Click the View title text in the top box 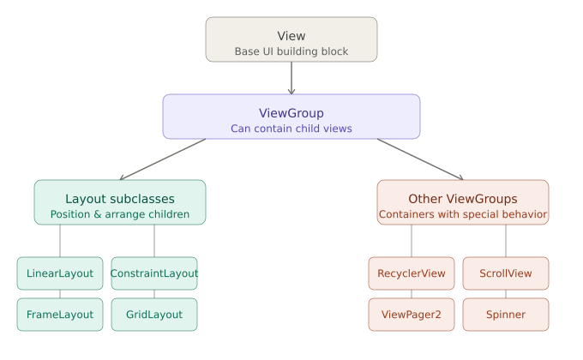pyautogui.click(x=291, y=35)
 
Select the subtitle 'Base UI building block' pyautogui.click(x=291, y=51)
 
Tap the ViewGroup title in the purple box pyautogui.click(x=291, y=113)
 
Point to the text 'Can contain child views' pyautogui.click(x=291, y=129)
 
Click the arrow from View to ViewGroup pyautogui.click(x=291, y=78)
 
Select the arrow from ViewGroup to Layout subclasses pyautogui.click(x=163, y=159)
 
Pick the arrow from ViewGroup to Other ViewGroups pyautogui.click(x=420, y=159)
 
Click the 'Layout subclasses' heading pyautogui.click(x=120, y=198)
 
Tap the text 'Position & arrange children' pyautogui.click(x=120, y=214)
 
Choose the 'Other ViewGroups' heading pyautogui.click(x=463, y=198)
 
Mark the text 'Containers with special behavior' pyautogui.click(x=463, y=214)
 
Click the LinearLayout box pyautogui.click(x=60, y=273)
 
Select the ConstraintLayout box pyautogui.click(x=154, y=273)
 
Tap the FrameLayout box pyautogui.click(x=60, y=315)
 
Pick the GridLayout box pyautogui.click(x=154, y=315)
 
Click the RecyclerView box pyautogui.click(x=412, y=273)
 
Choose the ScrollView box pyautogui.click(x=506, y=273)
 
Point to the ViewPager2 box pyautogui.click(x=412, y=315)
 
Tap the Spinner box pyautogui.click(x=506, y=315)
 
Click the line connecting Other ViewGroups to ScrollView pyautogui.click(x=506, y=241)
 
